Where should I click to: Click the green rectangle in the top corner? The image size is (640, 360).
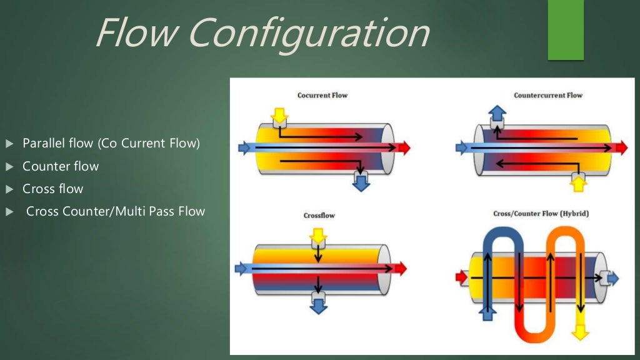click(566, 29)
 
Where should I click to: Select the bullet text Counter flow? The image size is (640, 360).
click(61, 166)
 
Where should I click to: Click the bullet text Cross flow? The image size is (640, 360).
click(52, 189)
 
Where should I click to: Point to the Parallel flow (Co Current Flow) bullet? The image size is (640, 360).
click(111, 144)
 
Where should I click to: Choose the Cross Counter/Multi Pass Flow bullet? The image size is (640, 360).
click(116, 211)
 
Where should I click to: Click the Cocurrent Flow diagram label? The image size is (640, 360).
click(322, 96)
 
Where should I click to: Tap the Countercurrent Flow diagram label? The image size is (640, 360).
click(547, 96)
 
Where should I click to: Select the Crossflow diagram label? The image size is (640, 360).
click(319, 216)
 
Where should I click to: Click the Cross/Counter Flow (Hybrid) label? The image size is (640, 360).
click(541, 214)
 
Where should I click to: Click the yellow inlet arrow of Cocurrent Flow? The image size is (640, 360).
click(279, 116)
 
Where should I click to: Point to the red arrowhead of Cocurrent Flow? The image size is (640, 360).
click(404, 147)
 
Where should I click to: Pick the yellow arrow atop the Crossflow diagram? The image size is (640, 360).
click(318, 236)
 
